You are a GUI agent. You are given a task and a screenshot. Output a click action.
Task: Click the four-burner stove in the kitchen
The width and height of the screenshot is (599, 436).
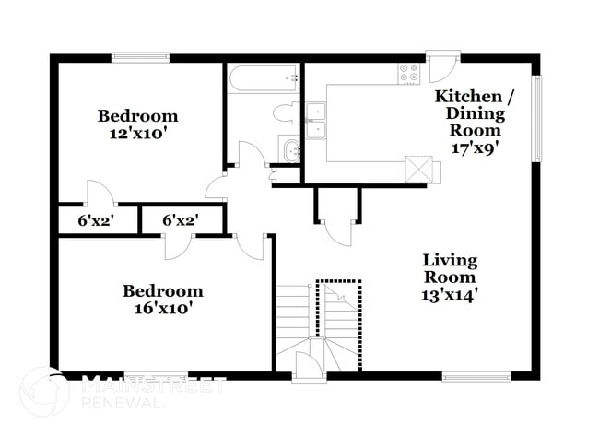[408, 71]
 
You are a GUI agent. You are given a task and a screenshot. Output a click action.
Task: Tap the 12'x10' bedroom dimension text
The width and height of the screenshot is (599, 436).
[138, 133]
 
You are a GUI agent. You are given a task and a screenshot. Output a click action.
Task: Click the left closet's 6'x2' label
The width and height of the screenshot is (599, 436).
[94, 221]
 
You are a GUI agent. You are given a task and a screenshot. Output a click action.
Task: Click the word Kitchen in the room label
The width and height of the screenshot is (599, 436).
[468, 97]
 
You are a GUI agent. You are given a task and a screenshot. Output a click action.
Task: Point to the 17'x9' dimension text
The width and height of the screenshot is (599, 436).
[476, 147]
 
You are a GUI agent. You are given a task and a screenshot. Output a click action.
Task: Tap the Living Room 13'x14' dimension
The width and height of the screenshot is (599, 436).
[450, 295]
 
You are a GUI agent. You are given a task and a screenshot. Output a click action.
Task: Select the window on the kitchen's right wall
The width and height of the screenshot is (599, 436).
[537, 118]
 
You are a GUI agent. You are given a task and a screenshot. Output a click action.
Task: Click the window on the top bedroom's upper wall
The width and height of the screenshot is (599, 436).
[140, 57]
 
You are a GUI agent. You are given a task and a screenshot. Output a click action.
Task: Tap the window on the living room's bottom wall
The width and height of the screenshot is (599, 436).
[476, 375]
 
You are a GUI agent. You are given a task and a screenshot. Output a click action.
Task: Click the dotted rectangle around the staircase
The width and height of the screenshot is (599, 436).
[339, 310]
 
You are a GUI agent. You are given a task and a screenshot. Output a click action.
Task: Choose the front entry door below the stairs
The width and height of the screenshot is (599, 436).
[307, 369]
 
